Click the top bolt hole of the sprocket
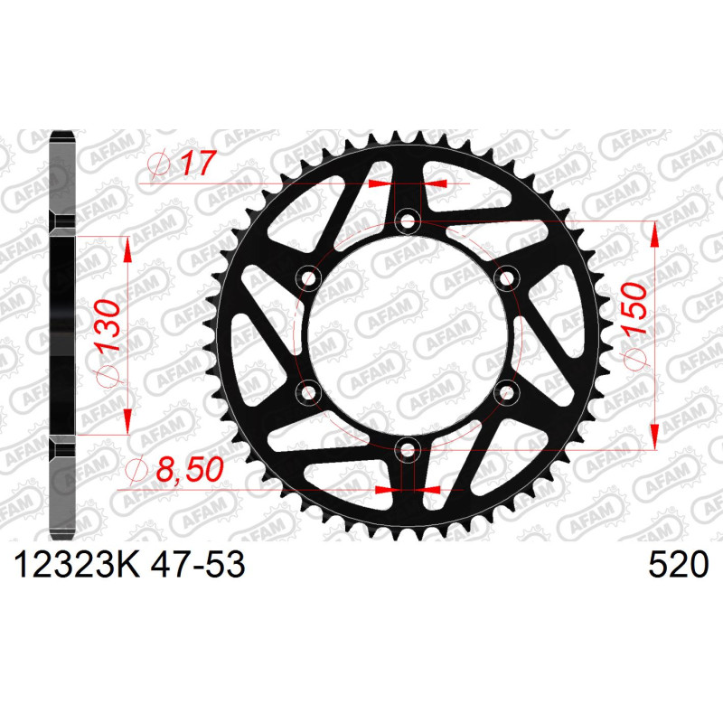pos(408,221)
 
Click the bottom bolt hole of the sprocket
pos(408,450)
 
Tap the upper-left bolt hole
pos(308,278)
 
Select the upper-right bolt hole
pos(507,278)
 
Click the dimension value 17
pos(198,163)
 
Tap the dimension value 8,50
pos(190,470)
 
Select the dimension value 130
pos(108,325)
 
